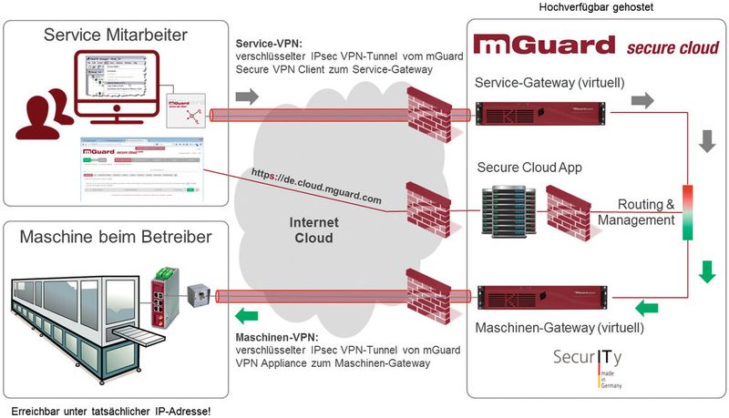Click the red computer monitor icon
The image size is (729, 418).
pos(119,87)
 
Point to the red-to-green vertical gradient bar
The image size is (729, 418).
pos(688,212)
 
